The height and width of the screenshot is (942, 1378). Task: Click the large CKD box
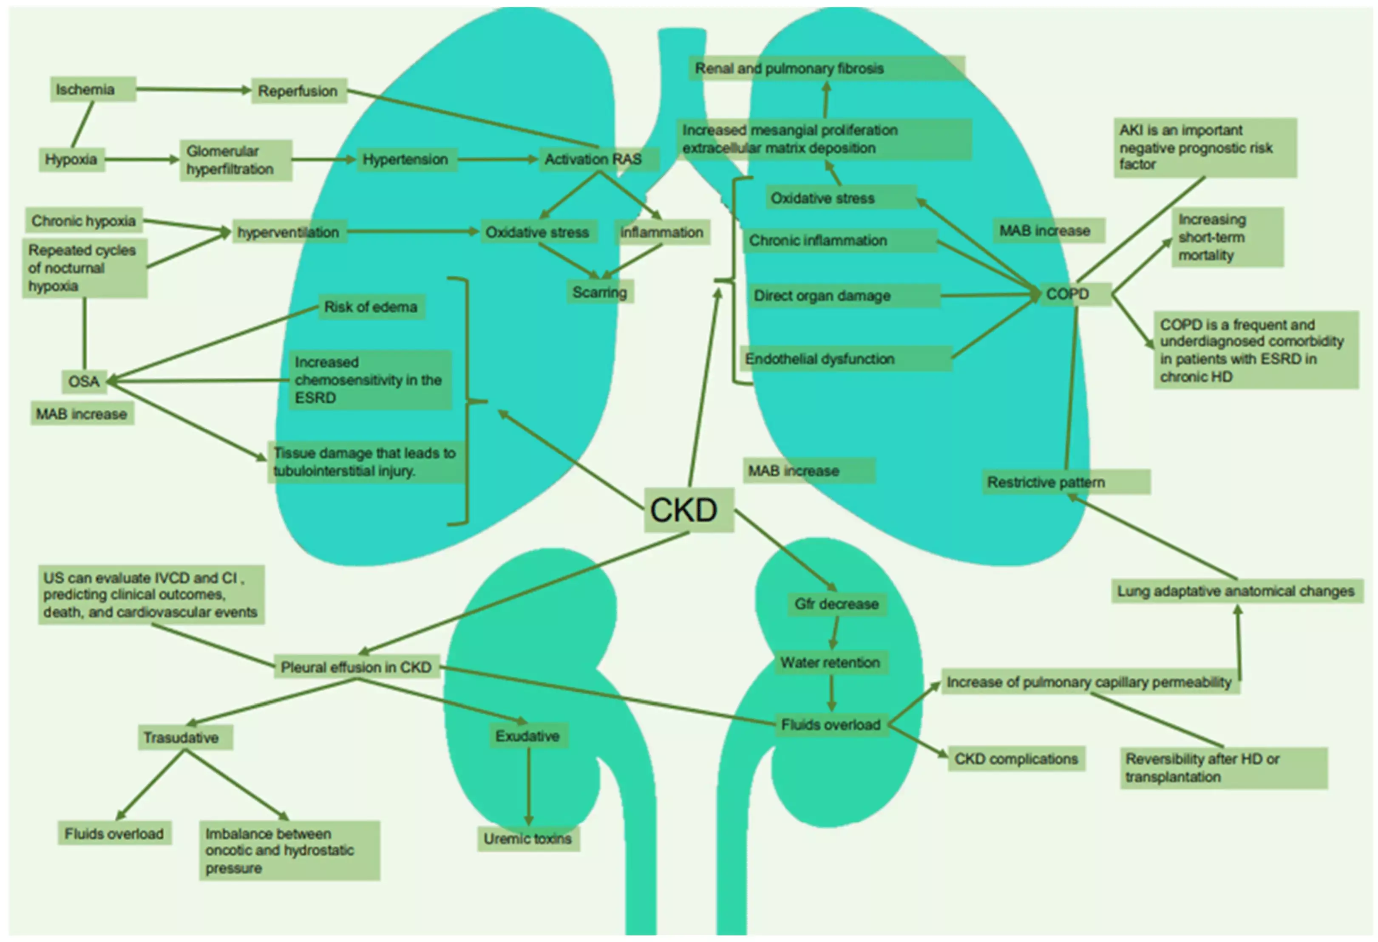pyautogui.click(x=688, y=510)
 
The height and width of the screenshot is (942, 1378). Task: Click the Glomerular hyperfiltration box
pyautogui.click(x=235, y=160)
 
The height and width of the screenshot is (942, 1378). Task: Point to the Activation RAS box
pyautogui.click(x=598, y=159)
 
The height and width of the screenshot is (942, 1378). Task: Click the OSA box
pyautogui.click(x=84, y=381)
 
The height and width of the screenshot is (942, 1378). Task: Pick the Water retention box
pyautogui.click(x=830, y=662)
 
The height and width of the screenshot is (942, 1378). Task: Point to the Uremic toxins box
pyautogui.click(x=528, y=839)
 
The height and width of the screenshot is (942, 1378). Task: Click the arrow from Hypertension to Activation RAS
pyautogui.click(x=497, y=159)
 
